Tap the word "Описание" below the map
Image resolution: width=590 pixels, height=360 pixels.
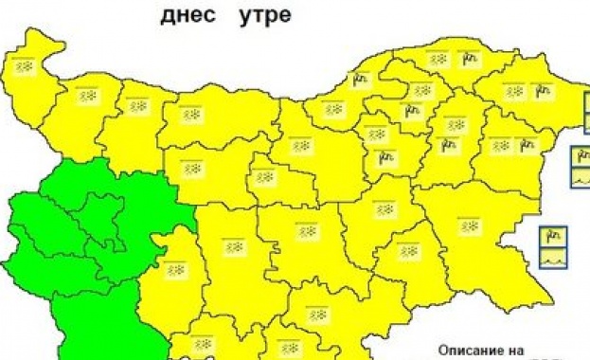(470, 350)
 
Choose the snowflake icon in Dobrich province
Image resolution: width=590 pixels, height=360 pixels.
(514, 92)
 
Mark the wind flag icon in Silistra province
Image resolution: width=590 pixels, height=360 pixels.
(469, 59)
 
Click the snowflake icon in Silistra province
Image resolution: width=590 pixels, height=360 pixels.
(440, 59)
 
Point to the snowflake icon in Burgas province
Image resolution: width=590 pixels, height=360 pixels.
(470, 226)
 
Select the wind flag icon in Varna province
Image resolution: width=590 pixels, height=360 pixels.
(527, 145)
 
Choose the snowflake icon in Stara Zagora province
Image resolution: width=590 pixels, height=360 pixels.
(307, 231)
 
